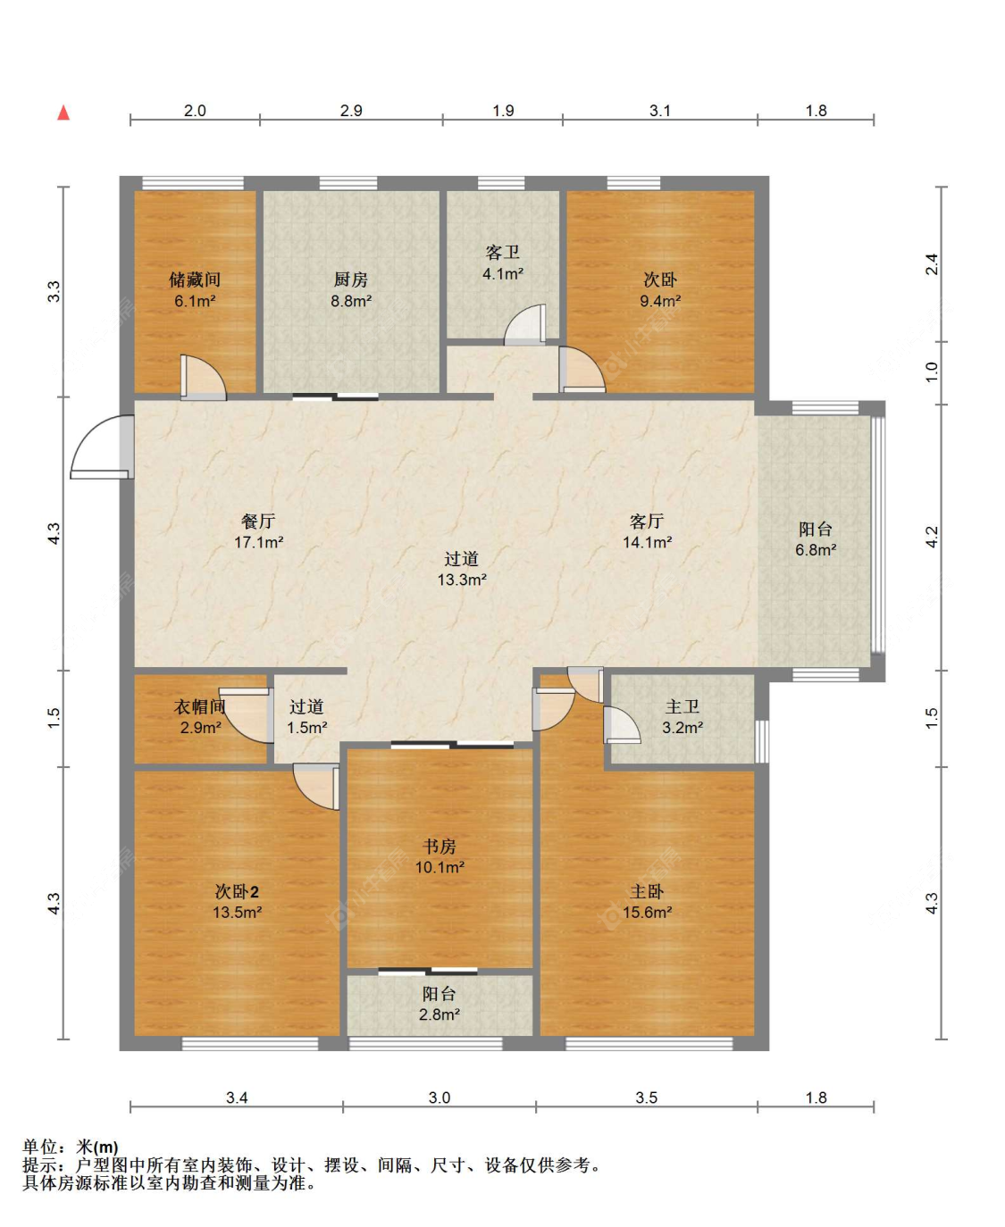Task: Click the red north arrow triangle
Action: click(x=63, y=113)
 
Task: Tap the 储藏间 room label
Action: click(x=195, y=280)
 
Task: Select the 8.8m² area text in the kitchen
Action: click(x=351, y=301)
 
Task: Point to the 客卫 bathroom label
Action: click(x=502, y=252)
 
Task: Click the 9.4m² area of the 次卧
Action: click(x=660, y=301)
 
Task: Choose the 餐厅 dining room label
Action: click(x=258, y=521)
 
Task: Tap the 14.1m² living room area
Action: click(x=647, y=542)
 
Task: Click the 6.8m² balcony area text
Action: click(x=816, y=550)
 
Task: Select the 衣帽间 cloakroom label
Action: click(x=199, y=706)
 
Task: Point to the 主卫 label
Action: click(x=682, y=706)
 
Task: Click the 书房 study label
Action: click(x=439, y=846)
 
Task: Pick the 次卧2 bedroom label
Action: click(x=237, y=890)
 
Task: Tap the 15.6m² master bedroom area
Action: click(x=647, y=912)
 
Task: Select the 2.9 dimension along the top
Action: click(x=351, y=111)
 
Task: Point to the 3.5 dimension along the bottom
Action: click(x=646, y=1098)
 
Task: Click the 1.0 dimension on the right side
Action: click(x=932, y=372)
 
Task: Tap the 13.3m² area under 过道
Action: click(x=462, y=580)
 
